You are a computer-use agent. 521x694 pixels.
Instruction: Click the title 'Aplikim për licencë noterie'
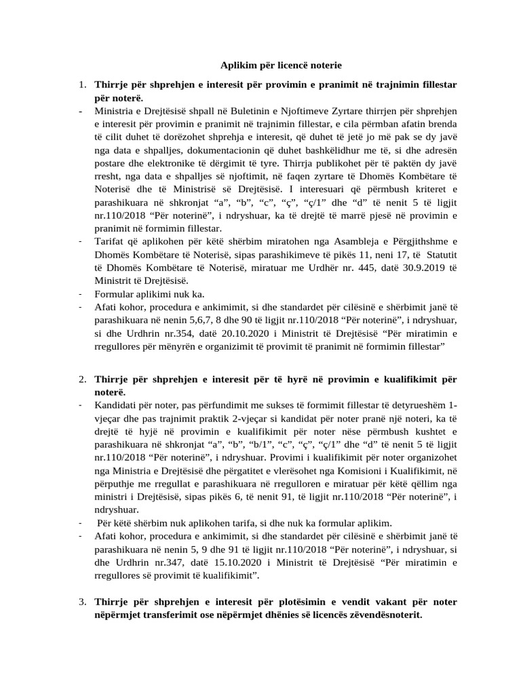[x=281, y=66]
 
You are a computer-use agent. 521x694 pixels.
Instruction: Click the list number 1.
[x=81, y=85]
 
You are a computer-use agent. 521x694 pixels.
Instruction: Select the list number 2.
[x=81, y=381]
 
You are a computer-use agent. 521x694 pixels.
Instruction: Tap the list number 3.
[x=81, y=602]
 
